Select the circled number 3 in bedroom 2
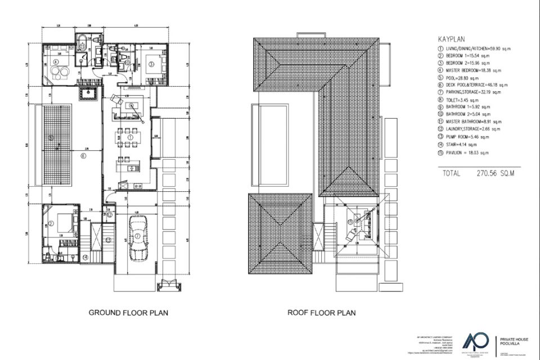tap(151, 64)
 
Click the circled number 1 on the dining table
tap(130, 137)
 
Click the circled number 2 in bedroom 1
tap(51, 224)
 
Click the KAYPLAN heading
tap(451, 40)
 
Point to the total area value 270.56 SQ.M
tap(495, 174)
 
